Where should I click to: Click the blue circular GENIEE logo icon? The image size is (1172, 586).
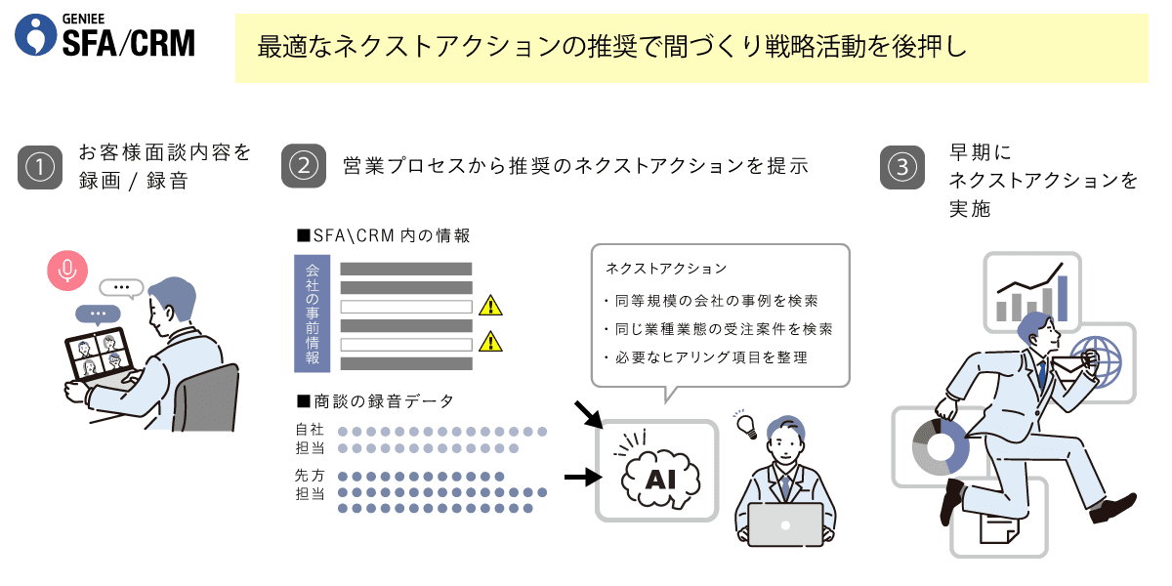point(35,34)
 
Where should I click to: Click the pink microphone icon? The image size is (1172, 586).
point(67,271)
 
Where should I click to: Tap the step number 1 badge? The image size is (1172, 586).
point(40,167)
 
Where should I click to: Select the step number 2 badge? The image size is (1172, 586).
point(304,166)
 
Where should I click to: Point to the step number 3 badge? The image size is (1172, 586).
point(902,167)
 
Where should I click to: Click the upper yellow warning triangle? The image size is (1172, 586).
point(490,305)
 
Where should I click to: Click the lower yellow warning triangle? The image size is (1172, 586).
point(490,341)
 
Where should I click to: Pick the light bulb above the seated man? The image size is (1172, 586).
point(746,426)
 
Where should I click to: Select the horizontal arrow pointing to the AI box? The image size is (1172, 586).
point(583,477)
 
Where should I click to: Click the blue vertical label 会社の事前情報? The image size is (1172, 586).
point(313,314)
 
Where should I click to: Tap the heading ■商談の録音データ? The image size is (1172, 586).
point(375,401)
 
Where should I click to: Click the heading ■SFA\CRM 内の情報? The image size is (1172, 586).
point(384,236)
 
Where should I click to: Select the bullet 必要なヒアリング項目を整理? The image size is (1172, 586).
point(706,357)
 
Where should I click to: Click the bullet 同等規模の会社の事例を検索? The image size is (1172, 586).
point(712,301)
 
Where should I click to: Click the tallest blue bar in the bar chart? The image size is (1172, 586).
point(1063,298)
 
